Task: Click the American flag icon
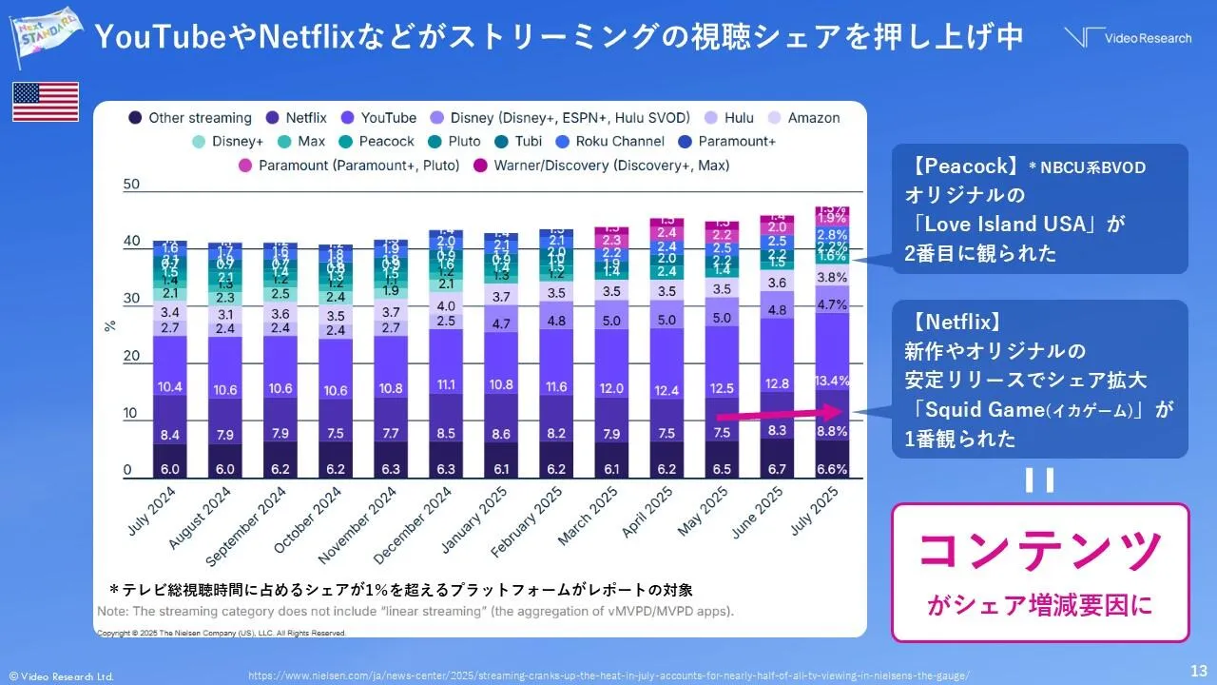click(x=45, y=102)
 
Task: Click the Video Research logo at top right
click(x=1127, y=37)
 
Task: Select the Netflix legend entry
click(x=297, y=118)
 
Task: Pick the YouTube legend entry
click(x=378, y=118)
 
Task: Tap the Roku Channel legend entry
click(x=614, y=141)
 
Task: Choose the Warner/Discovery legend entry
click(x=603, y=165)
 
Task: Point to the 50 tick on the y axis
click(x=132, y=185)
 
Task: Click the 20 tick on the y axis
click(x=132, y=357)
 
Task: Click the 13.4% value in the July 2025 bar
click(x=832, y=381)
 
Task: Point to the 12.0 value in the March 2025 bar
click(x=611, y=388)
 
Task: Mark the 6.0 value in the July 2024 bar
click(x=169, y=469)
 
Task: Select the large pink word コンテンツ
click(x=1040, y=550)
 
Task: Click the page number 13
click(x=1199, y=669)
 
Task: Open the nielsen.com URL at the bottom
click(x=608, y=675)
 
